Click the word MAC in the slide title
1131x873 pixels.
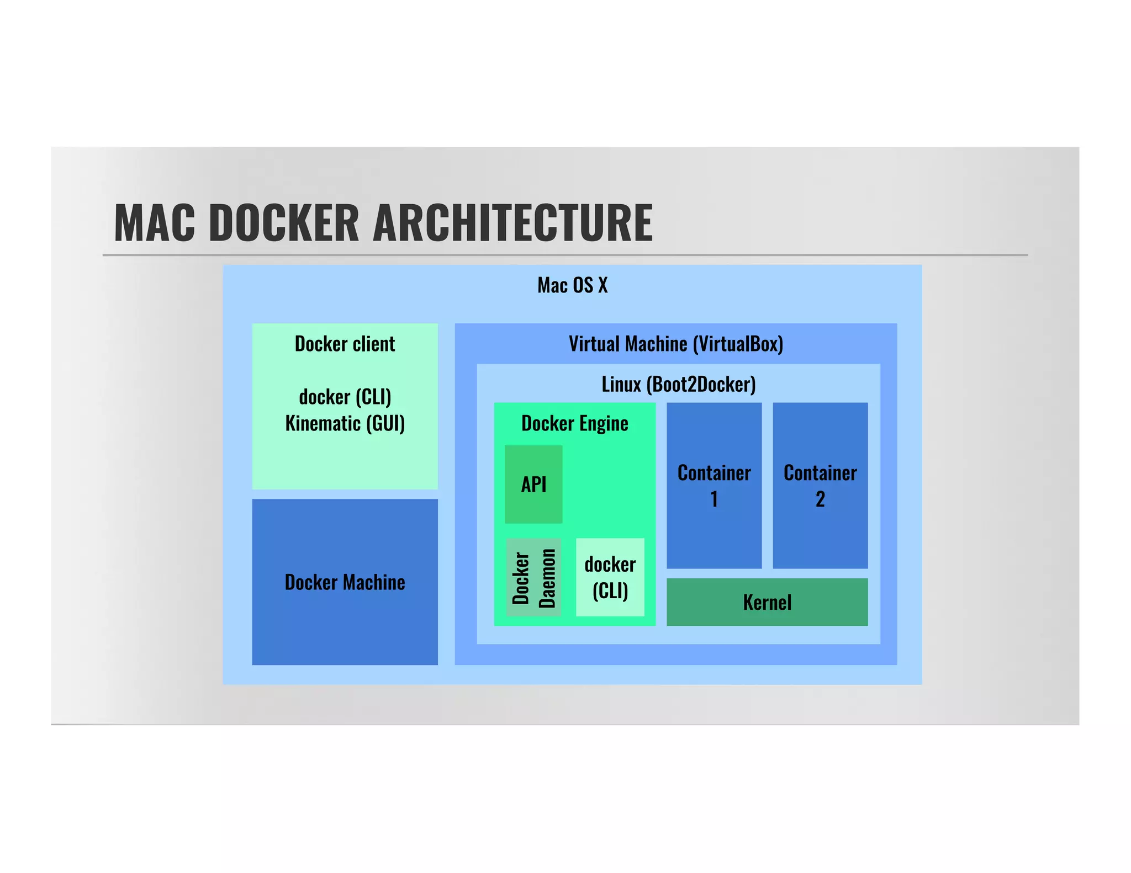click(x=155, y=223)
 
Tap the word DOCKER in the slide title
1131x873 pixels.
click(x=284, y=223)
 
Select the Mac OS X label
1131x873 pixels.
click(x=572, y=286)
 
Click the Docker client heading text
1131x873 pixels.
click(x=345, y=344)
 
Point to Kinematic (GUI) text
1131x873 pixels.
click(x=345, y=424)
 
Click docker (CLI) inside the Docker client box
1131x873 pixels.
click(x=345, y=397)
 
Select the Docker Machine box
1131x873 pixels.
click(x=345, y=582)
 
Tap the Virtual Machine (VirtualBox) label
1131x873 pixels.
click(x=675, y=344)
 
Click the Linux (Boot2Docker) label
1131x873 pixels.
click(x=678, y=385)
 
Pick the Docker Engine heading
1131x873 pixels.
click(x=574, y=424)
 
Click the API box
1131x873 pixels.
click(x=533, y=485)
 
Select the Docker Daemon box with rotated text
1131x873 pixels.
click(x=533, y=577)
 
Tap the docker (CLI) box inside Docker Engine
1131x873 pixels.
click(x=610, y=577)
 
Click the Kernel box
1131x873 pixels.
click(x=767, y=602)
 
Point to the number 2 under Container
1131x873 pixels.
click(x=820, y=499)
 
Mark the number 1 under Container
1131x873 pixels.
click(x=714, y=499)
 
